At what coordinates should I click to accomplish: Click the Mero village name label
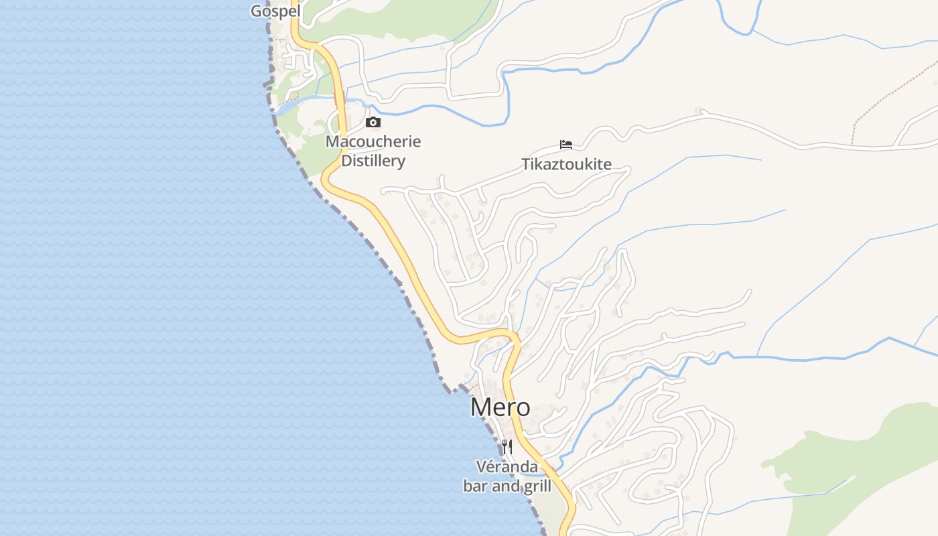(500, 407)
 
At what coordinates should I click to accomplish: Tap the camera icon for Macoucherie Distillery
(373, 122)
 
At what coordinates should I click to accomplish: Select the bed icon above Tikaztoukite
(566, 144)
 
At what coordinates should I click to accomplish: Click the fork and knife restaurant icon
(507, 446)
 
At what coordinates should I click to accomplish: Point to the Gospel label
(275, 11)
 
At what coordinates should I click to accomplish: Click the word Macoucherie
(373, 141)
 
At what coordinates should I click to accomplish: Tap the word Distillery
(373, 161)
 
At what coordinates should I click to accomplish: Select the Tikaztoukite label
(566, 164)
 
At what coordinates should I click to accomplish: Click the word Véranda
(507, 466)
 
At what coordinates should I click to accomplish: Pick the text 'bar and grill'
(507, 486)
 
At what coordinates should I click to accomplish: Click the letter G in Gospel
(256, 11)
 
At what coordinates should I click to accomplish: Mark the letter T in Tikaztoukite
(526, 164)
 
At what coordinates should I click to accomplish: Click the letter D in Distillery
(346, 161)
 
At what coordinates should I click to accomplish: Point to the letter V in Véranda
(480, 466)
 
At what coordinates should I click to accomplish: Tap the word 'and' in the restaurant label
(504, 486)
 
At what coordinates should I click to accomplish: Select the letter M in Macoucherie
(332, 141)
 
